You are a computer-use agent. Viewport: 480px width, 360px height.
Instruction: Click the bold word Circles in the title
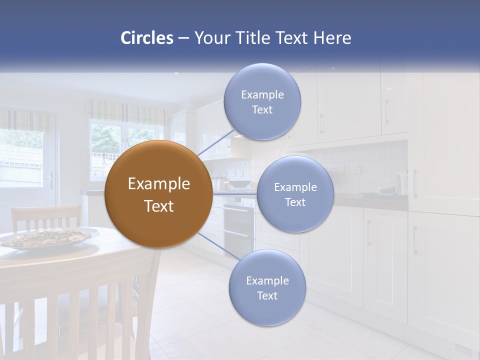pos(146,38)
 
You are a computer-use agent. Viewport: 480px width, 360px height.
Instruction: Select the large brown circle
pos(158,194)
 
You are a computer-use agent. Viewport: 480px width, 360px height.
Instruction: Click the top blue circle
pos(262,102)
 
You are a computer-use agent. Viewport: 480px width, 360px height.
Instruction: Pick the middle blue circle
pos(295,194)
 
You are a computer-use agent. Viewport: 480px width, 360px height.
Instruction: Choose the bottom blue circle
pos(267,287)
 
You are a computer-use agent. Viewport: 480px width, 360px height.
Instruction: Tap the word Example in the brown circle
pos(158,184)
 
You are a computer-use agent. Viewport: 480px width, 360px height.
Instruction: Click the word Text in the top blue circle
pos(262,110)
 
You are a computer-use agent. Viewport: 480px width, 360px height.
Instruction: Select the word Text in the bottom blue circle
pos(267,296)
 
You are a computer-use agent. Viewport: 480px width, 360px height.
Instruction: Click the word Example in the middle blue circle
pos(295,187)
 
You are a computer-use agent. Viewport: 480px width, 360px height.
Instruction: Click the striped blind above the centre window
pos(127,113)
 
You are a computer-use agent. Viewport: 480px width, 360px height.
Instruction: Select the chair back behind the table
pos(46,218)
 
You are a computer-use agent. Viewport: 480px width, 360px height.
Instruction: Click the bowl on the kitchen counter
pos(240,184)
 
